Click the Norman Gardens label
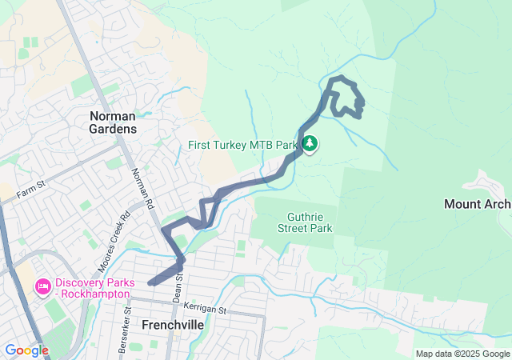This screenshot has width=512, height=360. pyautogui.click(x=113, y=122)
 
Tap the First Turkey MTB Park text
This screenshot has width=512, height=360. pyautogui.click(x=242, y=146)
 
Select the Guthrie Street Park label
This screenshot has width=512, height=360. pyautogui.click(x=310, y=222)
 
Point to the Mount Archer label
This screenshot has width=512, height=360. pyautogui.click(x=478, y=204)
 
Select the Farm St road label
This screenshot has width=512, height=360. pyautogui.click(x=27, y=193)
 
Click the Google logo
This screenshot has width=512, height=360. pyautogui.click(x=26, y=350)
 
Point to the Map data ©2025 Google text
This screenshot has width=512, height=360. pyautogui.click(x=462, y=354)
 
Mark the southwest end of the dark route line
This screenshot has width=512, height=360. pyautogui.click(x=150, y=282)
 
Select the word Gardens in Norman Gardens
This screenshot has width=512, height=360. pyautogui.click(x=113, y=128)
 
